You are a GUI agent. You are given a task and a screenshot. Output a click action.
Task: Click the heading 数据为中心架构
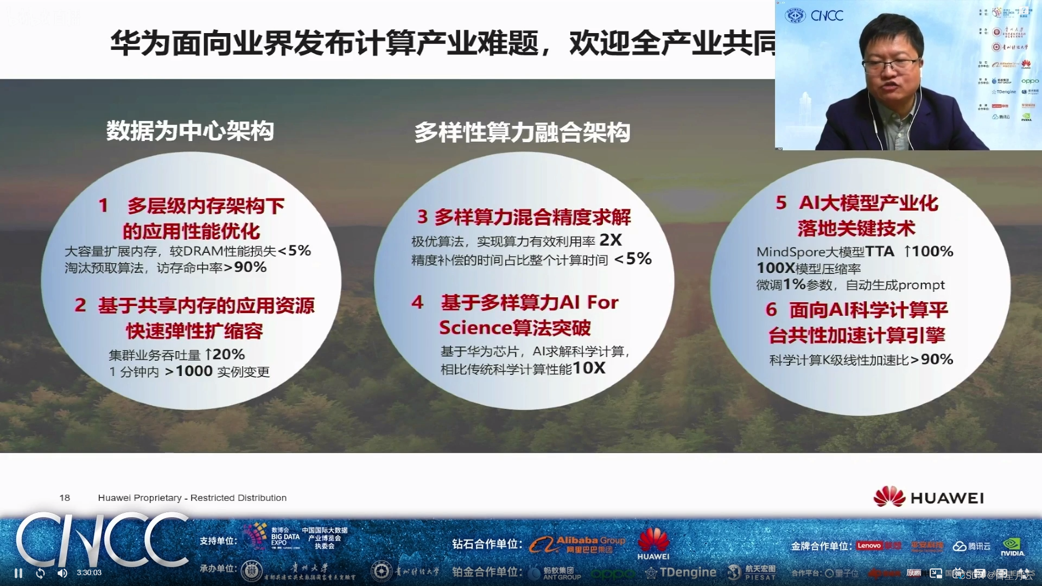[190, 131]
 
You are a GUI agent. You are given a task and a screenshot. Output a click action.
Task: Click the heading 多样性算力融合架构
[522, 132]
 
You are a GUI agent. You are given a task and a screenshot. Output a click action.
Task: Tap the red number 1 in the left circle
[103, 205]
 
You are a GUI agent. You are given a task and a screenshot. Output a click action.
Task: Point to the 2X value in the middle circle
[611, 240]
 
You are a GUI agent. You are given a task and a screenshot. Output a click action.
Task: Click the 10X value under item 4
[589, 368]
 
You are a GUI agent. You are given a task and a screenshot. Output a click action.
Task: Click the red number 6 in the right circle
[771, 309]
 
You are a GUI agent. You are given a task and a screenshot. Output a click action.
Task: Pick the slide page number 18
[65, 498]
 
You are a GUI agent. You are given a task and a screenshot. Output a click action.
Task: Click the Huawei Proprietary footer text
[192, 498]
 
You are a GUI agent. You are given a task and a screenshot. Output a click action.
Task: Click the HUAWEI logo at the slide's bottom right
[929, 497]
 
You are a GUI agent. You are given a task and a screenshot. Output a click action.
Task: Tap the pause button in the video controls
[18, 573]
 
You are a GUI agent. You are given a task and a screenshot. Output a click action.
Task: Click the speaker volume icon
[62, 573]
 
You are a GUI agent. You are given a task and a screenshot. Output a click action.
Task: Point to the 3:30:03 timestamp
[89, 572]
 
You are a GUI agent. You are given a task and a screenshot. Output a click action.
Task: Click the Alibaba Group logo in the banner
[577, 544]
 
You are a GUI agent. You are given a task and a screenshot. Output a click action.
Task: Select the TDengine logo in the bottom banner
[681, 572]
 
